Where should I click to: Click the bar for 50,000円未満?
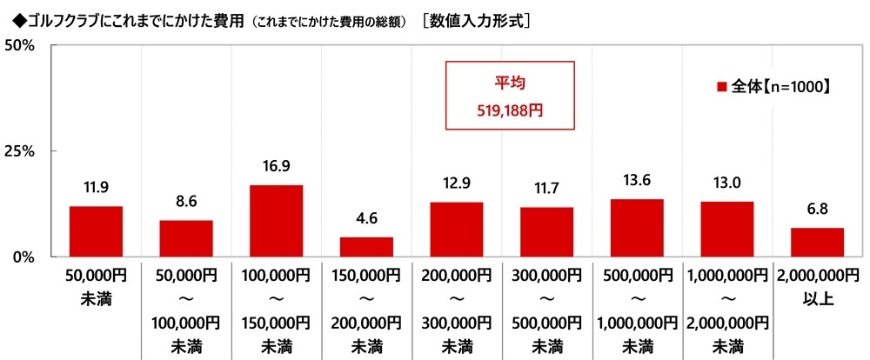[x=96, y=231]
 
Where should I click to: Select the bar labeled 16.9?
[x=276, y=221]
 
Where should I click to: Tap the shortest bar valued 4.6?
[x=366, y=247]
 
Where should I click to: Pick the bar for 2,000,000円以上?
[x=817, y=242]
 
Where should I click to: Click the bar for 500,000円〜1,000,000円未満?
[x=637, y=228]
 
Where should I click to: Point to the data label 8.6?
[x=186, y=202]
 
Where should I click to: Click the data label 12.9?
[x=457, y=183]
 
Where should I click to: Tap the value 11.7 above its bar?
[x=546, y=189]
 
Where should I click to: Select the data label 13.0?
[x=726, y=183]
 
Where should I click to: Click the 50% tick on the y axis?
[x=19, y=45]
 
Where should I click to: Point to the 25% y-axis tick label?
[x=19, y=151]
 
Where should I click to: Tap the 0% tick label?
[x=23, y=257]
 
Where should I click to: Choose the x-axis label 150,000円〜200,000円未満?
[x=366, y=310]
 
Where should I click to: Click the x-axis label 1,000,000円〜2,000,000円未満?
[x=726, y=310]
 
